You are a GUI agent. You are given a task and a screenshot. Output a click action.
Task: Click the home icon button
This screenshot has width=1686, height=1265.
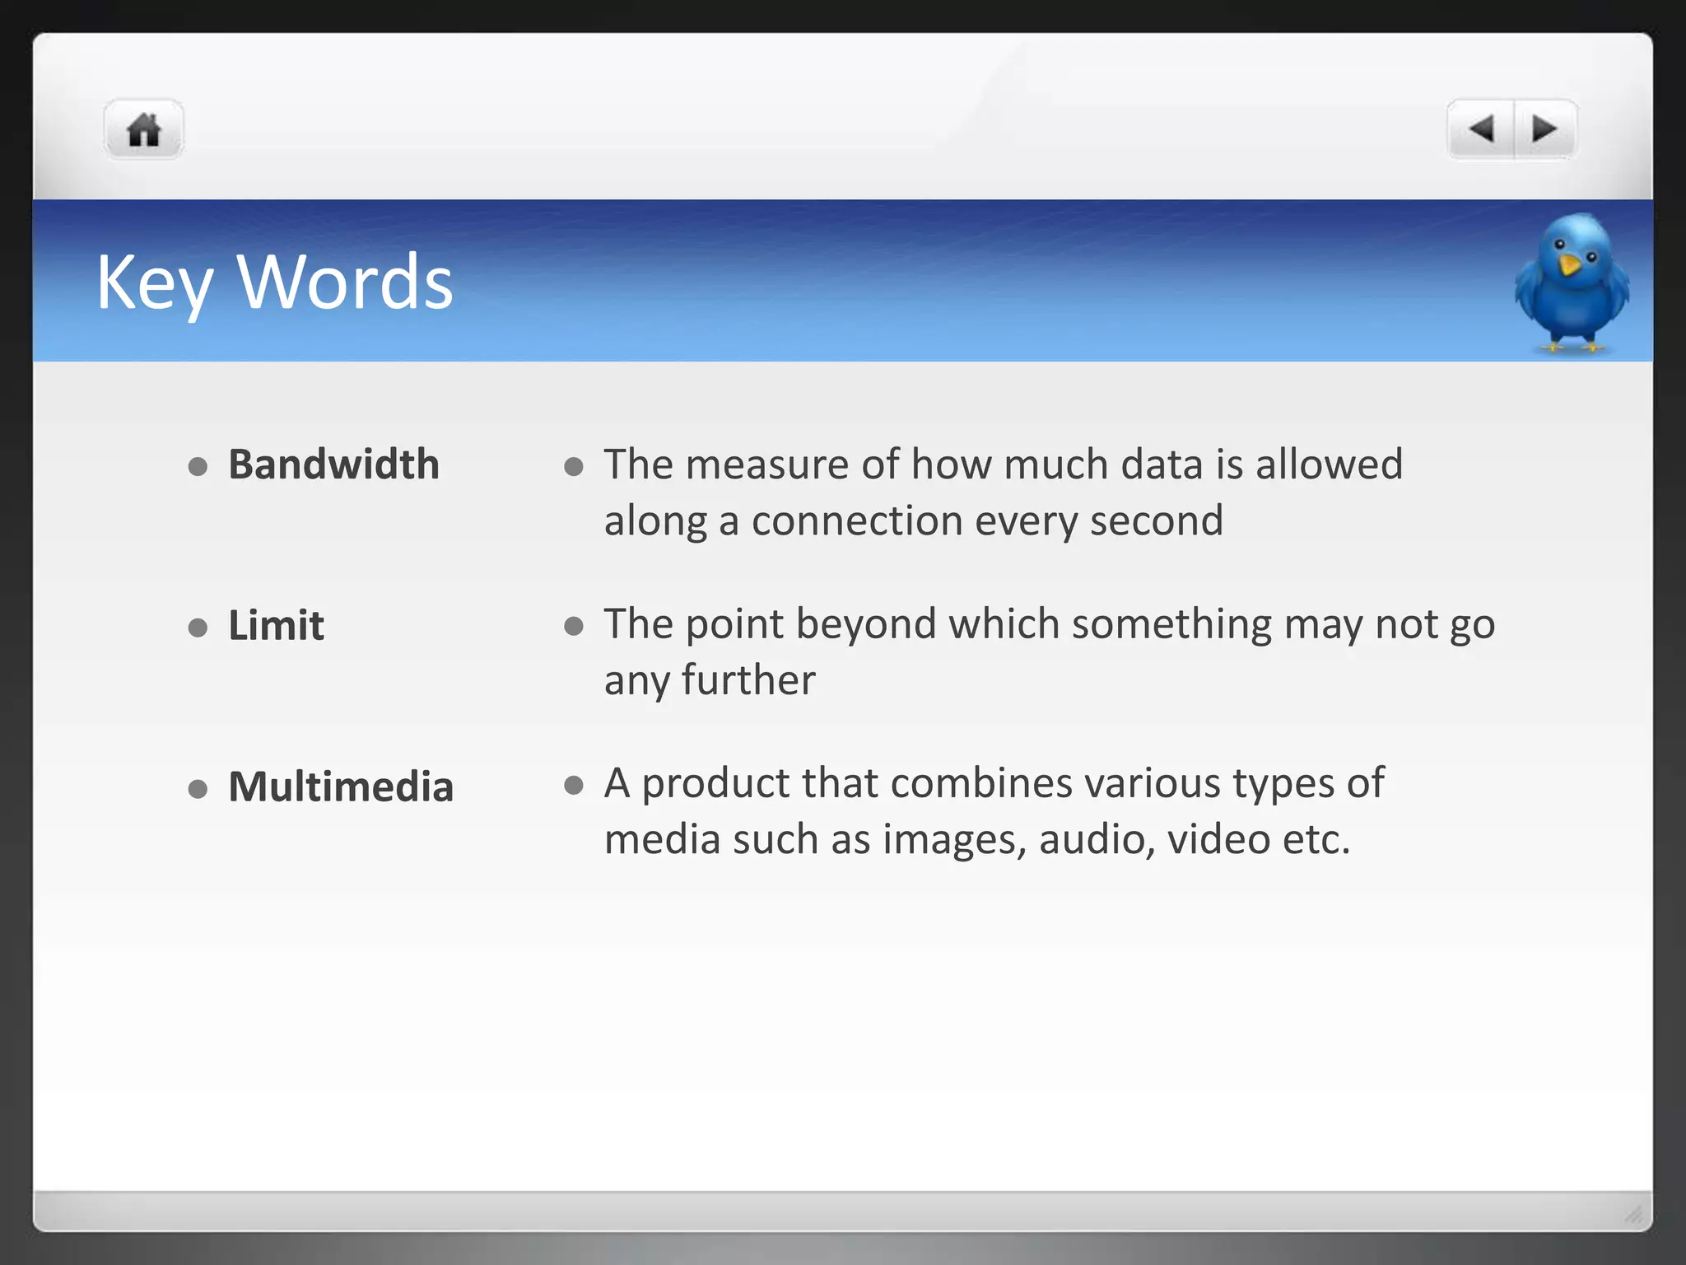coord(144,130)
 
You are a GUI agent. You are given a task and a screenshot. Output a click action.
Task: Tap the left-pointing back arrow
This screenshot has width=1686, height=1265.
coord(1481,129)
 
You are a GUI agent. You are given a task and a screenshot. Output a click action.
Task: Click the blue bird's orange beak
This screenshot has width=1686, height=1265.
coord(1569,265)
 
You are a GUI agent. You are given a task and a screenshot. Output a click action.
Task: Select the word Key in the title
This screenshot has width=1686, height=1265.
coord(155,283)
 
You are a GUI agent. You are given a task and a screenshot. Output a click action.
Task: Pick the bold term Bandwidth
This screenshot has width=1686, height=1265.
coord(333,464)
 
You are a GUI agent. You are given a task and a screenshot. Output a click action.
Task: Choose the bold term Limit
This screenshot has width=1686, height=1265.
coord(276,626)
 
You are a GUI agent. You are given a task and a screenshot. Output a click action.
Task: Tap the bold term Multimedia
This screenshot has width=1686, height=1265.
coord(341,787)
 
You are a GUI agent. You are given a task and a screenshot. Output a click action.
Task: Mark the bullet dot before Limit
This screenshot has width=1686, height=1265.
coord(198,628)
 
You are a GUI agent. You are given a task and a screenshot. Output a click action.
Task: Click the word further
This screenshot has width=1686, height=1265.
coord(748,681)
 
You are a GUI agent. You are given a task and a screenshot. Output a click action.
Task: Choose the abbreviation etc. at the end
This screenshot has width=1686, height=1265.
coord(1316,840)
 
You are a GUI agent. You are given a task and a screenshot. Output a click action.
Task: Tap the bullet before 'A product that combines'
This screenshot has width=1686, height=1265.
coord(574,786)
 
